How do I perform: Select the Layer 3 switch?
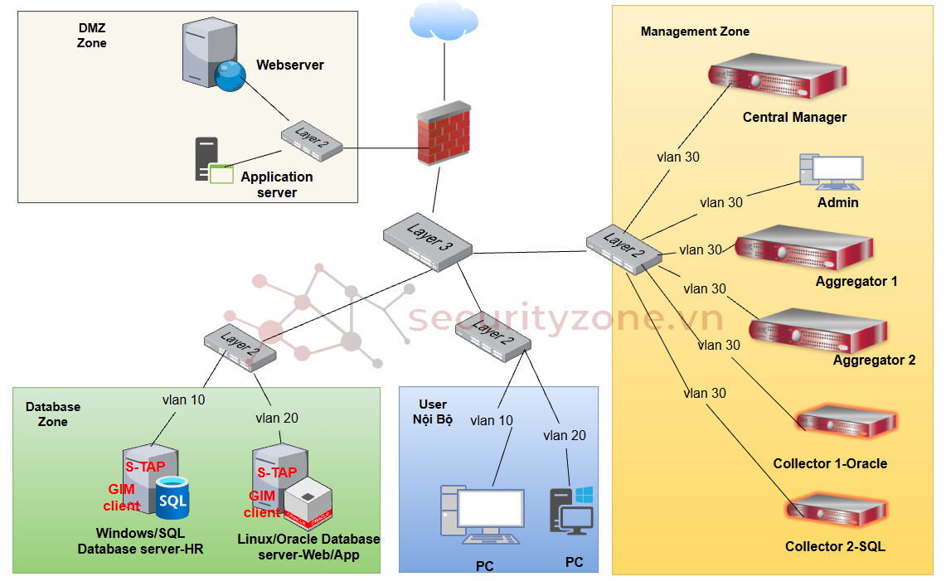(428, 241)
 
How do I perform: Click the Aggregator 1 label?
(856, 282)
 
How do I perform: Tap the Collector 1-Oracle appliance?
(845, 423)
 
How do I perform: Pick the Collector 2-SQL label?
(835, 547)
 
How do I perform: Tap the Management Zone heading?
(695, 31)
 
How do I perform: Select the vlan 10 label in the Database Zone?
(183, 399)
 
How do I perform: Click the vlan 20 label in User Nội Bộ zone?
(565, 435)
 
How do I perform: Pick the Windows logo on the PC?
(585, 495)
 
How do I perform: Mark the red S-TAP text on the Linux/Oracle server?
(277, 472)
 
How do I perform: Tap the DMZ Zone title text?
(91, 35)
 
